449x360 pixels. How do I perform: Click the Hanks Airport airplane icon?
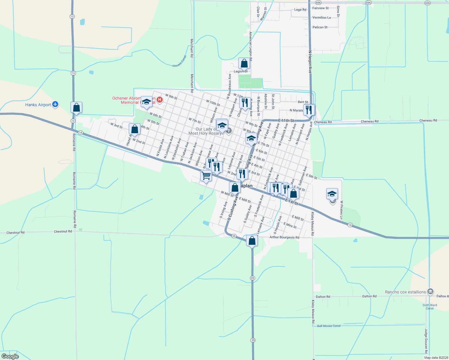[55, 104]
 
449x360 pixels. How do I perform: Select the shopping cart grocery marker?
[206, 175]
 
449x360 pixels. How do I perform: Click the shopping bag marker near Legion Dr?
[244, 63]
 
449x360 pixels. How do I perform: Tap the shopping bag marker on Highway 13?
[76, 107]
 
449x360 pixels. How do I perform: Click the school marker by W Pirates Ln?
[332, 194]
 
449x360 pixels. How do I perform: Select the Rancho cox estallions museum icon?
[430, 292]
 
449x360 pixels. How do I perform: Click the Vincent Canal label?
[179, 61]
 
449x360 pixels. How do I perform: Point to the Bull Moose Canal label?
[329, 326]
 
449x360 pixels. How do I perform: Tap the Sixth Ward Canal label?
[430, 307]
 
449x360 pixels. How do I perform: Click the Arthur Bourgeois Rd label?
[284, 237]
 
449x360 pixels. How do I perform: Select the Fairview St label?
[321, 8]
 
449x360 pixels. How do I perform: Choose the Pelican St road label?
[320, 27]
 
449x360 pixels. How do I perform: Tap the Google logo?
[10, 356]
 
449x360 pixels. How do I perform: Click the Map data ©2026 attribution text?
[436, 358]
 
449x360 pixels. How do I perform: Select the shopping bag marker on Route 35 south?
[252, 241]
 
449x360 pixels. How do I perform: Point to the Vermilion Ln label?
[321, 18]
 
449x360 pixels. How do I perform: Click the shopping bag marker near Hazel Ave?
[135, 129]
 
